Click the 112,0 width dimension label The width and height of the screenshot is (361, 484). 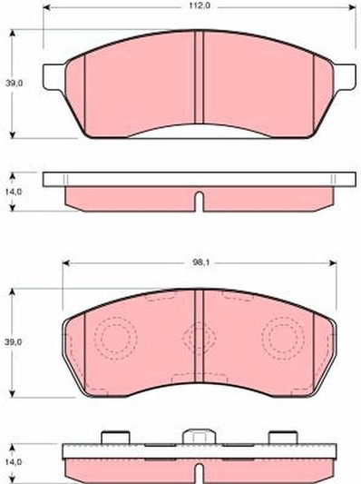200,6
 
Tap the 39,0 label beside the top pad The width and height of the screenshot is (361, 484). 14,83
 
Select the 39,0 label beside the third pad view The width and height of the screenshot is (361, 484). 14,341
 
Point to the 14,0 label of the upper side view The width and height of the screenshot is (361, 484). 14,192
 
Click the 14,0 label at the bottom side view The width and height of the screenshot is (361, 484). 14,462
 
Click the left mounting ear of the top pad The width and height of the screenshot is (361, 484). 54,77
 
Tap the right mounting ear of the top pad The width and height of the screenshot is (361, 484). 345,77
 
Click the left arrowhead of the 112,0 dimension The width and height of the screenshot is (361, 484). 46,7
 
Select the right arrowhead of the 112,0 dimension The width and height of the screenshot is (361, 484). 352,7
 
